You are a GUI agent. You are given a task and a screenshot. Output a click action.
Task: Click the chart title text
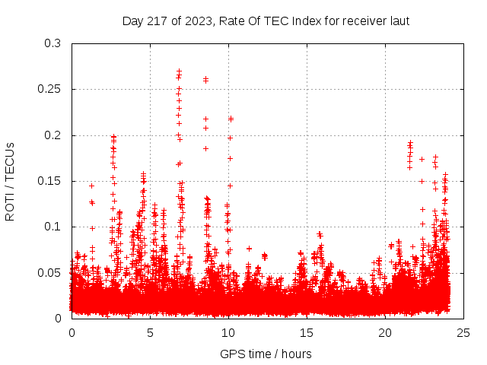(266, 21)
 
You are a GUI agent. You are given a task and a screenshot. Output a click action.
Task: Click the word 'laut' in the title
(399, 21)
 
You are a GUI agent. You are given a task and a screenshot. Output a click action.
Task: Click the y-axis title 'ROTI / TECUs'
(10, 181)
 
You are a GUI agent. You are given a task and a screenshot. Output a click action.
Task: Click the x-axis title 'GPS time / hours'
(266, 354)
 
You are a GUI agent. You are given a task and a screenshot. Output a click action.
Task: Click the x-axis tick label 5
(150, 333)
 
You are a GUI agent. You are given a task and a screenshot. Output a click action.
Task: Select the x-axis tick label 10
(228, 333)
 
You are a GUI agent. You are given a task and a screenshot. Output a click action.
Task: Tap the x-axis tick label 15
(307, 333)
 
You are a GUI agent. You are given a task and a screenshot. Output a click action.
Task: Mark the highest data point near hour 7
(179, 71)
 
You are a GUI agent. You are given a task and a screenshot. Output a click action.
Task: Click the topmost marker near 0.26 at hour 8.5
(205, 78)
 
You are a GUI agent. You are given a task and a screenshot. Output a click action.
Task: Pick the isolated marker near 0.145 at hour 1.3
(92, 186)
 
